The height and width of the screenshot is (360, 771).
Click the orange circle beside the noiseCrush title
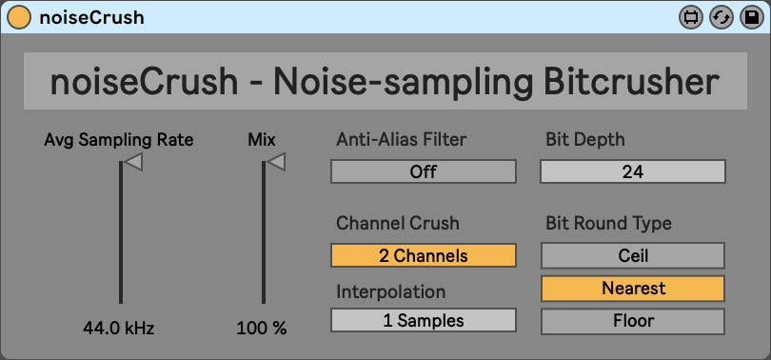tap(18, 18)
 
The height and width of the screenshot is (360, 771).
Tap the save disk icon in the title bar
tap(751, 18)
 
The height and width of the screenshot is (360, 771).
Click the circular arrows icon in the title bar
tap(722, 18)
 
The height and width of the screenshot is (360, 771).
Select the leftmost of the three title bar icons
tap(691, 18)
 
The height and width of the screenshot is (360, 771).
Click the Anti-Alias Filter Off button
tap(424, 171)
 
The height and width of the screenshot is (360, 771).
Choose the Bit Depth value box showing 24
tap(633, 171)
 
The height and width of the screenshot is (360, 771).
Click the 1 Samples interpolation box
tap(424, 320)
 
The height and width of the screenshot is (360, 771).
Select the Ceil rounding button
tap(633, 256)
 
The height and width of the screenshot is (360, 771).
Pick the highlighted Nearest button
tap(633, 289)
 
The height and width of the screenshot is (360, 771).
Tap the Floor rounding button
tap(633, 321)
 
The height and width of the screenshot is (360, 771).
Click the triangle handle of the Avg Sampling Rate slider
tap(132, 162)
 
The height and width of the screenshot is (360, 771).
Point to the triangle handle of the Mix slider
tap(276, 162)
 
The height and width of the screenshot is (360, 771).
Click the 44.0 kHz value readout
tap(118, 328)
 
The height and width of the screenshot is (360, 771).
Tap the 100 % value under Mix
tap(262, 328)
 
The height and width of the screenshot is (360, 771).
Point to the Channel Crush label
tap(397, 223)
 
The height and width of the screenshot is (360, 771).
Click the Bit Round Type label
tap(609, 224)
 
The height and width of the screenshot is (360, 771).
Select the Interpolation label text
tap(391, 291)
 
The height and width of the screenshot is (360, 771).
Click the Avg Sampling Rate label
tap(118, 140)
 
